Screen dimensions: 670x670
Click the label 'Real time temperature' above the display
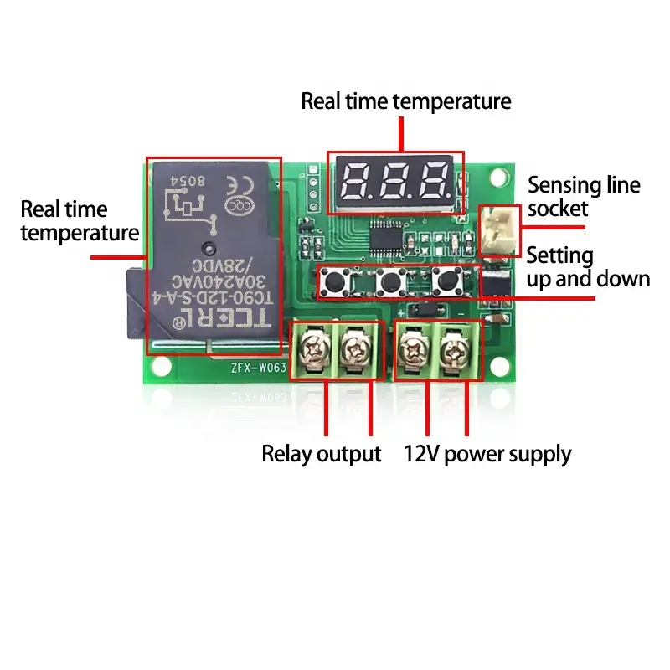405,101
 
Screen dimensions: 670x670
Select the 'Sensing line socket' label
583,196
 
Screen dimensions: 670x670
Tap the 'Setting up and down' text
588,267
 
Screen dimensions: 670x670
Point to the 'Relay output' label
322,455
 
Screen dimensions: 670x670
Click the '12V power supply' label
487,455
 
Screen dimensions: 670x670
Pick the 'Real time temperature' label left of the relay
79,220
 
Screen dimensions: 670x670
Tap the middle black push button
388,282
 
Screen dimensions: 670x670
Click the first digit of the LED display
355,179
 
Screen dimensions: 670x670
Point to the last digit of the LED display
434,179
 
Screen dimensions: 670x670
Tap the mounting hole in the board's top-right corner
499,177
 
